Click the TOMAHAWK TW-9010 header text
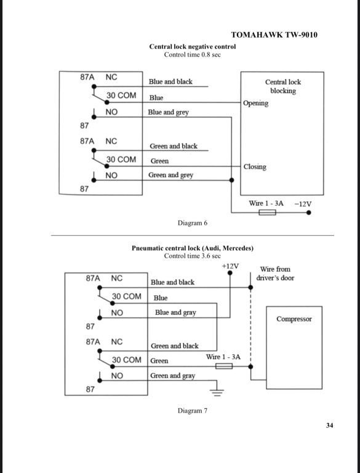pos(274,34)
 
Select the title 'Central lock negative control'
pos(193,46)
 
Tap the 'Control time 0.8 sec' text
pos(193,55)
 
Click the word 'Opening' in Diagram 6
pos(255,103)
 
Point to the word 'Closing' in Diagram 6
pos(255,167)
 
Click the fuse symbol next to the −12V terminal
pos(267,212)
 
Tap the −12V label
pos(303,204)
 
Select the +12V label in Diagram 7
pos(230,266)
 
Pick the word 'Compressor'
pos(294,319)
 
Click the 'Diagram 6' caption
pos(193,223)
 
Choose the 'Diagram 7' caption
pos(193,411)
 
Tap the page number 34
pos(330,426)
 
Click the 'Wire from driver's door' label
pos(275,273)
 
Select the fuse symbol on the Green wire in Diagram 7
pos(224,366)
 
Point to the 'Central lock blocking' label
pos(283,86)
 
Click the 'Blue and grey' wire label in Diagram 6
pos(168,112)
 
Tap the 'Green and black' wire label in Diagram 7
pos(175,346)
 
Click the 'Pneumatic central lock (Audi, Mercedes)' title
pos(193,248)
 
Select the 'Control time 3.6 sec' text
pos(193,256)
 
